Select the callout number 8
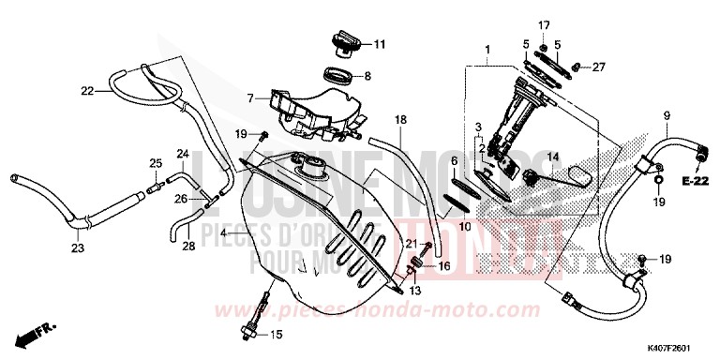[367, 76]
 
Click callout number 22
[87, 91]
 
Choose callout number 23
[77, 248]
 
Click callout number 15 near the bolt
[275, 335]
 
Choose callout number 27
[599, 67]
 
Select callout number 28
[187, 246]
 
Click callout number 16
[444, 266]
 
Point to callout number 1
[487, 49]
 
